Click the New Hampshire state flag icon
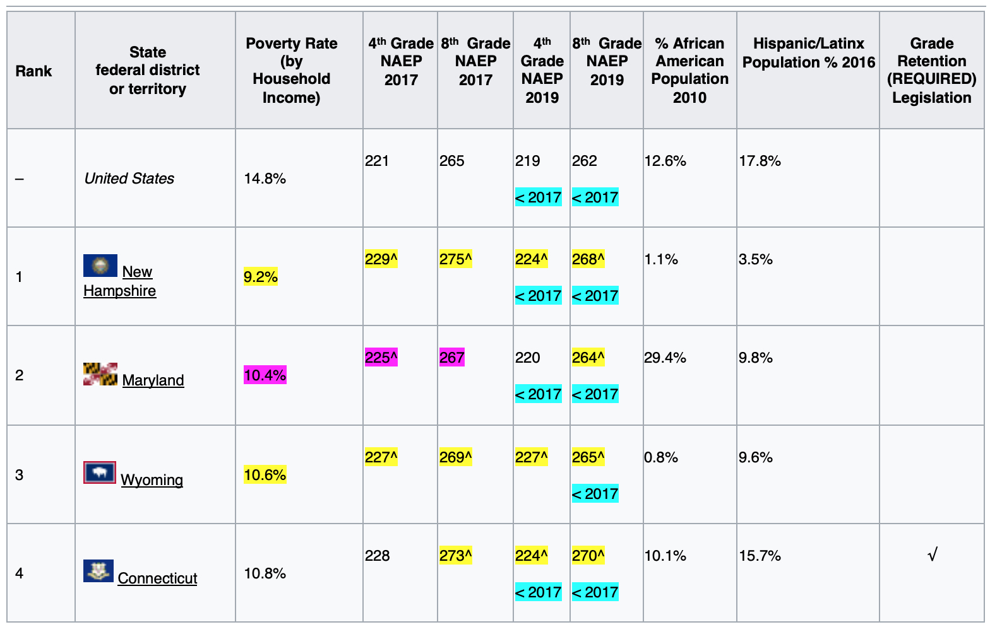[x=100, y=266]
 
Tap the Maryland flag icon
[x=100, y=374]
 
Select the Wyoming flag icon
[x=100, y=472]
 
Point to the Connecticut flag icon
[x=98, y=571]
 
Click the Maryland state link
[x=153, y=380]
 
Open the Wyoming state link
[x=152, y=480]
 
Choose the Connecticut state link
[x=157, y=578]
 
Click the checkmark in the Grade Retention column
[x=932, y=555]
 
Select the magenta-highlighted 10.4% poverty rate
[x=265, y=376]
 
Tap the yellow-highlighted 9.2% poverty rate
[x=261, y=277]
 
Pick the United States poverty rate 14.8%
[x=265, y=179]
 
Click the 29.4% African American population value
[x=665, y=358]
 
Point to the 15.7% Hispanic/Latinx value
[x=760, y=556]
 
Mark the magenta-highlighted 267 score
[x=452, y=358]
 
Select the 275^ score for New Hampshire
[x=456, y=259]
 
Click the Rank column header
[x=34, y=71]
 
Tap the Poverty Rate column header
[x=292, y=70]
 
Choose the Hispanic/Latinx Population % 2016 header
[x=808, y=53]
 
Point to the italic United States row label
[x=129, y=179]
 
